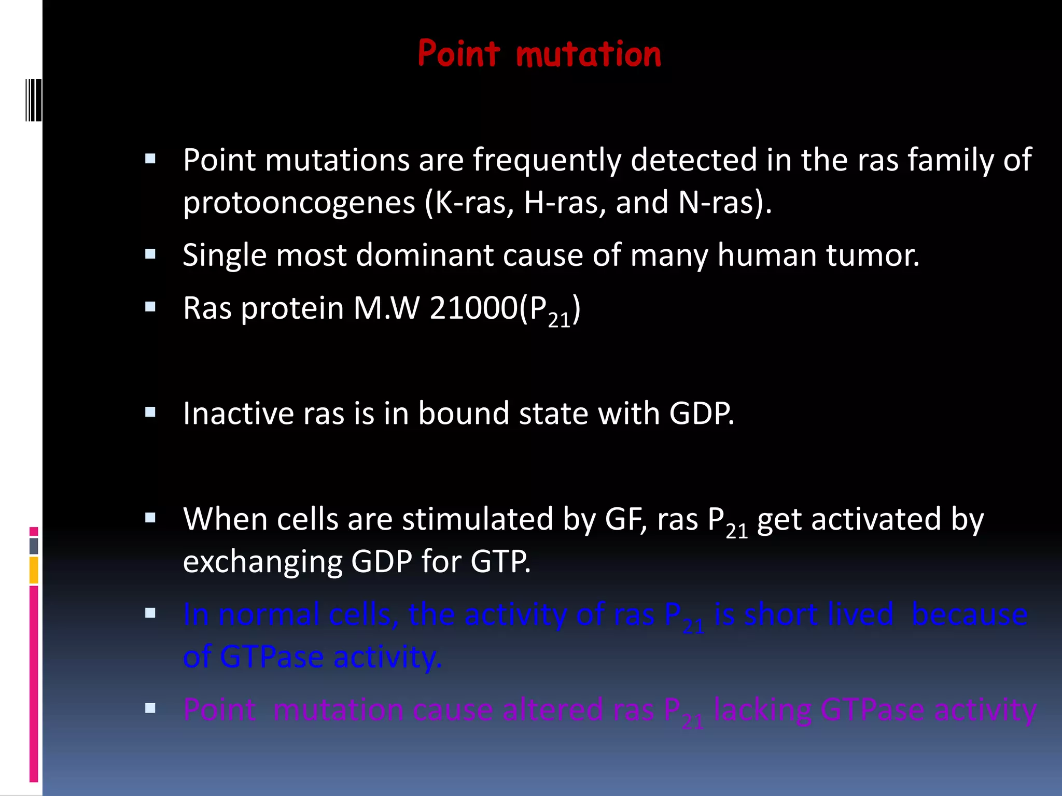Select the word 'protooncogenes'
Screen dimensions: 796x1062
click(299, 203)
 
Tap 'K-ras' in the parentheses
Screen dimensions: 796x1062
click(472, 203)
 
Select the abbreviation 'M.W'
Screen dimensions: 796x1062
click(386, 308)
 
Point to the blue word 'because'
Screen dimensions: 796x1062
click(969, 615)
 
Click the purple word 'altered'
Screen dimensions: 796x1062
click(552, 710)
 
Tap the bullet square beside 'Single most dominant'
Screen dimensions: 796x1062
click(150, 254)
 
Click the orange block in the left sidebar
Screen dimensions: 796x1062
click(34, 570)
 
